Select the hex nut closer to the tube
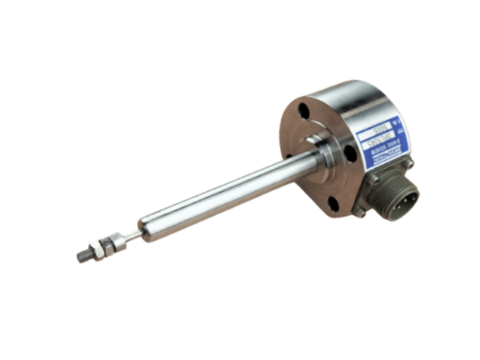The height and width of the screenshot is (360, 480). point(114,239)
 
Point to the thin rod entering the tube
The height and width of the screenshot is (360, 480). point(130,233)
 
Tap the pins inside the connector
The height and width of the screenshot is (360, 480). point(404,197)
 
